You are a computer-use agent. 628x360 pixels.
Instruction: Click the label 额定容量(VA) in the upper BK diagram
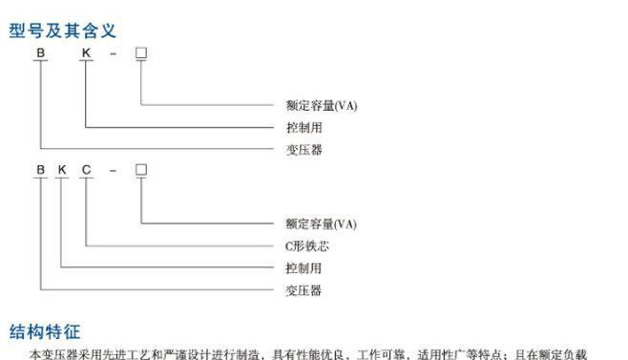tap(321, 104)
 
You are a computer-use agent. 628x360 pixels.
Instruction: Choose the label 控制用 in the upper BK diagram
tap(304, 127)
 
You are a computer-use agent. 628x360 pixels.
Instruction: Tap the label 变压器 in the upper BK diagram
tap(304, 150)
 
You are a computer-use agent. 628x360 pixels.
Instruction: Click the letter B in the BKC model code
tap(40, 171)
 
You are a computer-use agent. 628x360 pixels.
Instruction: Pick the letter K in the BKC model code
tap(63, 171)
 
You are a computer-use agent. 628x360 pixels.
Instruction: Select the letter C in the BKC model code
tap(87, 171)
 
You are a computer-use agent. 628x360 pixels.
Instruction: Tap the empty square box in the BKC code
tap(141, 170)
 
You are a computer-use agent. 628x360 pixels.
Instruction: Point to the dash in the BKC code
tap(113, 172)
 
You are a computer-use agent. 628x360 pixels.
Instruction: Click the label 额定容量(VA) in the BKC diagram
tap(321, 223)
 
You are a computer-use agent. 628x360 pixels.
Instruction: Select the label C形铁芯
tap(307, 245)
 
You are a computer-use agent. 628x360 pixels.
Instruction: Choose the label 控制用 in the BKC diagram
tap(304, 267)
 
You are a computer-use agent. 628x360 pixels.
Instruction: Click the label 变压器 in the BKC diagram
tap(304, 289)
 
